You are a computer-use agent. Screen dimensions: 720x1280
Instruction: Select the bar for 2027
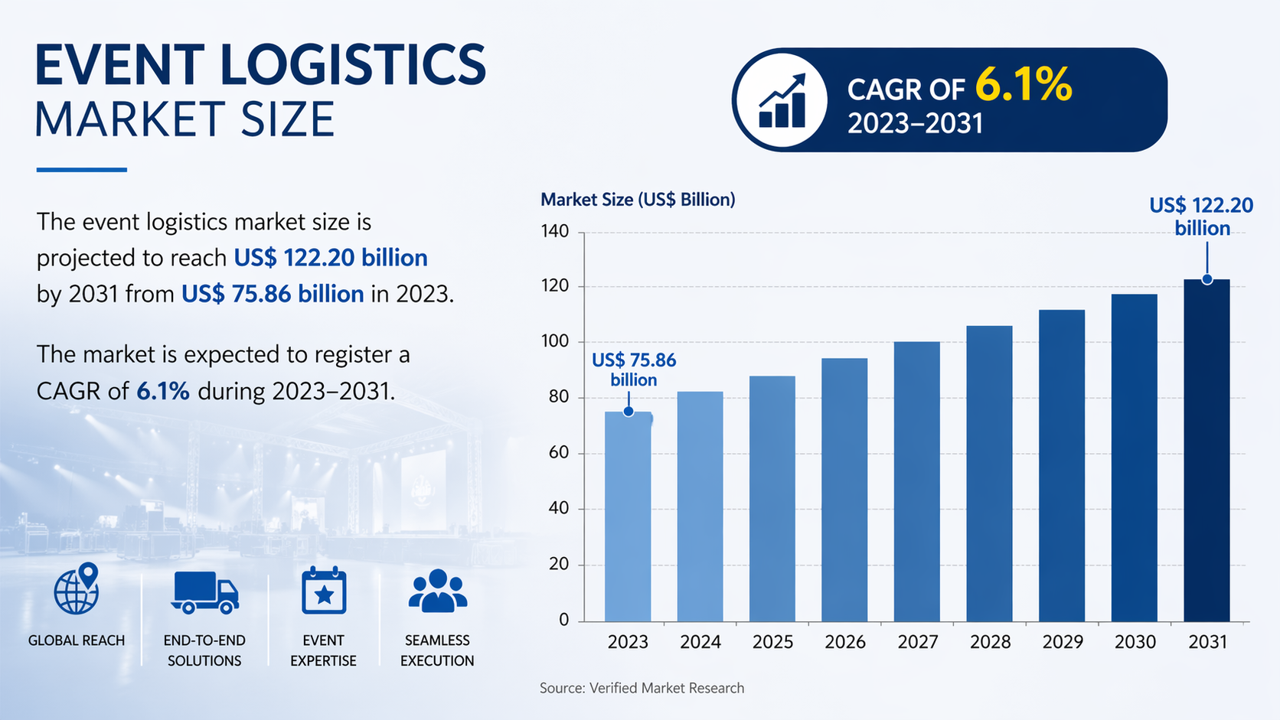(x=916, y=481)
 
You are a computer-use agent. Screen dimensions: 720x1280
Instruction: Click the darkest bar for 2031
(x=1207, y=451)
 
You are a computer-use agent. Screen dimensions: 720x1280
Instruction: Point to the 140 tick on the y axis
(x=555, y=231)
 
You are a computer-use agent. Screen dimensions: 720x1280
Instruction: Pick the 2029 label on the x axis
(x=1063, y=642)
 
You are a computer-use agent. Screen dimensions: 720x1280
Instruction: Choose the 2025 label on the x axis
(x=772, y=642)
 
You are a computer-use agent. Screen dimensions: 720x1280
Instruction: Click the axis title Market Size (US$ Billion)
(x=638, y=200)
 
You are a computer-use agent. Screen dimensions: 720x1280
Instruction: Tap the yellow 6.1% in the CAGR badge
(x=1024, y=85)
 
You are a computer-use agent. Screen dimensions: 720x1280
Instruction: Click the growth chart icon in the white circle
(x=782, y=100)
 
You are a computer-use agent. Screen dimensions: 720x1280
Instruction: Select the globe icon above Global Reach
(x=77, y=589)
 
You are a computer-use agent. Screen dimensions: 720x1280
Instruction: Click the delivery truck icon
(x=204, y=592)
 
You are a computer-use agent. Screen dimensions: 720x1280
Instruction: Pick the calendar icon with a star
(x=324, y=591)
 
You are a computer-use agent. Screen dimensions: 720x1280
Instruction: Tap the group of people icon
(x=438, y=591)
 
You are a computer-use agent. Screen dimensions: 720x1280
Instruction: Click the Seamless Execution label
(x=437, y=650)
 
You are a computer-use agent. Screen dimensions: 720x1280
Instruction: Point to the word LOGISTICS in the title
(x=353, y=65)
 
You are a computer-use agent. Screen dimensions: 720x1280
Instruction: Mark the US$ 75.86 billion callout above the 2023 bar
(x=634, y=370)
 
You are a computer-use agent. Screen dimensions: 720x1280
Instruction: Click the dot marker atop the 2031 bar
(x=1207, y=279)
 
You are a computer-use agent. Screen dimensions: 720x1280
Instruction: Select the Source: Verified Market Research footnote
(x=642, y=688)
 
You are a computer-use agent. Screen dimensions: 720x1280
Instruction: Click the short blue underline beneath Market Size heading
(x=81, y=170)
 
